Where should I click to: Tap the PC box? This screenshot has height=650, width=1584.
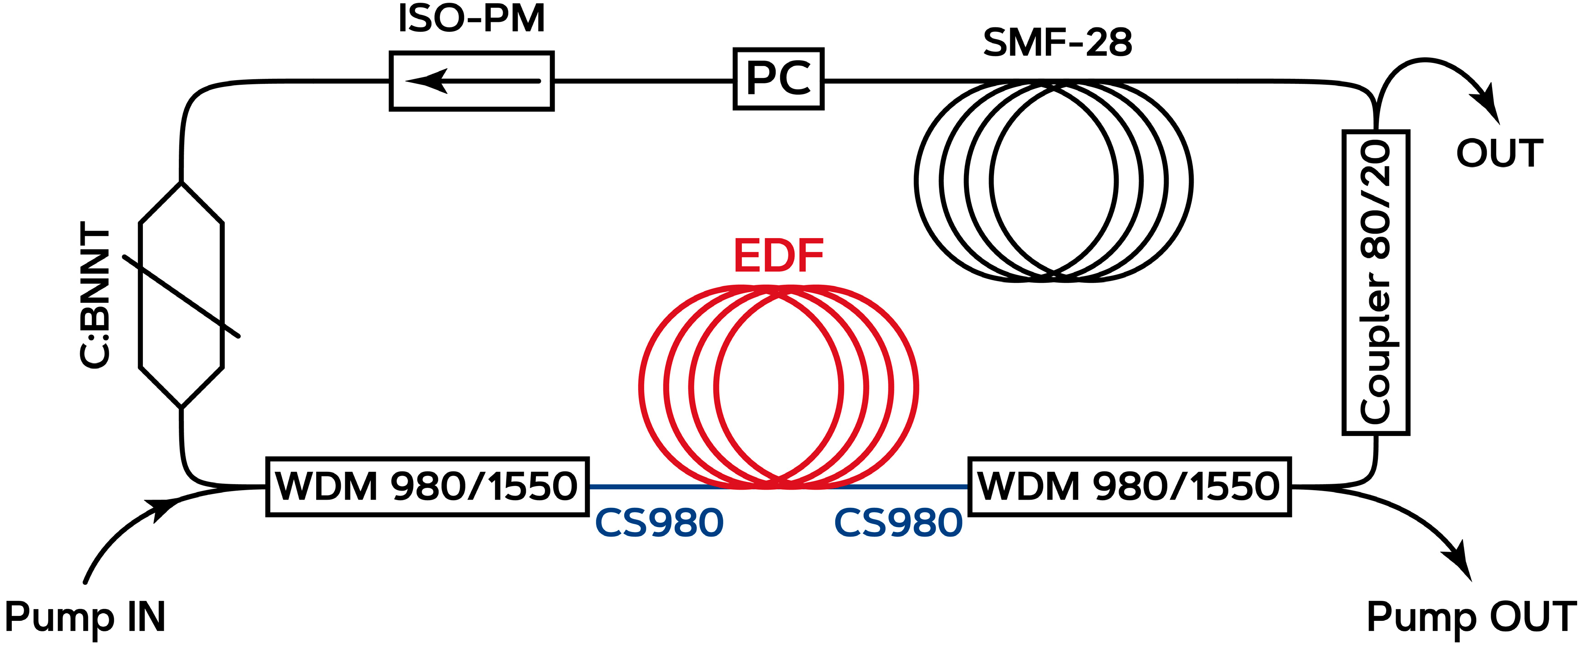778,79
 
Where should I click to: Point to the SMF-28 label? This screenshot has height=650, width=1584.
1057,43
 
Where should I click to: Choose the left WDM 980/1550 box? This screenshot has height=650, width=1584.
427,486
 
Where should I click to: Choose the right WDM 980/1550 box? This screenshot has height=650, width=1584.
1129,486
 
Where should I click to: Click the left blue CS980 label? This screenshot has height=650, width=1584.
659,523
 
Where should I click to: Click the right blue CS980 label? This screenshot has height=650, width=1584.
898,523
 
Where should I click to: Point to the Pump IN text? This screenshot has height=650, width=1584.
85,617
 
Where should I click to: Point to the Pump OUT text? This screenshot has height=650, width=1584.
1471,617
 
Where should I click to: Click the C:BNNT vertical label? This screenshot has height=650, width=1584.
96,296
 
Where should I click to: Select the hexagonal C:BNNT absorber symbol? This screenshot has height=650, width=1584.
182,296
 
